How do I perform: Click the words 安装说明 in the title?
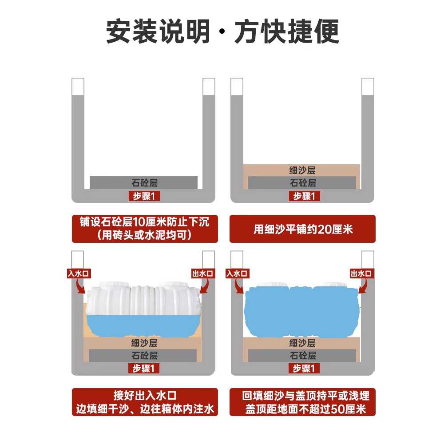point(158,31)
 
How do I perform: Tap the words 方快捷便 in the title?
point(287,31)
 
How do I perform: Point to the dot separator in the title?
point(222,32)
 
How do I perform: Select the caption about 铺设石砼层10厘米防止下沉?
point(145,229)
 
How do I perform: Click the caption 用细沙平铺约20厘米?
point(302,229)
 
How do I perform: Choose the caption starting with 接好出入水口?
point(145,402)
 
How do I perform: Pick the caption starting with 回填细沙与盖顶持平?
point(302,402)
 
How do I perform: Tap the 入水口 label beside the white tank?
point(79,274)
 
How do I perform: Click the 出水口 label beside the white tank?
point(203,274)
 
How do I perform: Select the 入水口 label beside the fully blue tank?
point(237,274)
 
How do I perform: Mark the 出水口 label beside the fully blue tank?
point(361,274)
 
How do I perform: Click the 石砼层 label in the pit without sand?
point(144,182)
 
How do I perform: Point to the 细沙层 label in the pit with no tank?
point(302,170)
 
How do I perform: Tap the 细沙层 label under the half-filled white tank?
point(144,343)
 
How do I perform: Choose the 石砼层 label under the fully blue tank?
point(303,355)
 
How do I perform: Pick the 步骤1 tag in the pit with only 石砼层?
point(144,196)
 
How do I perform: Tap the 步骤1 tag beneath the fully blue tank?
point(304,369)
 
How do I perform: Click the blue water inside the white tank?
point(143,325)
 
